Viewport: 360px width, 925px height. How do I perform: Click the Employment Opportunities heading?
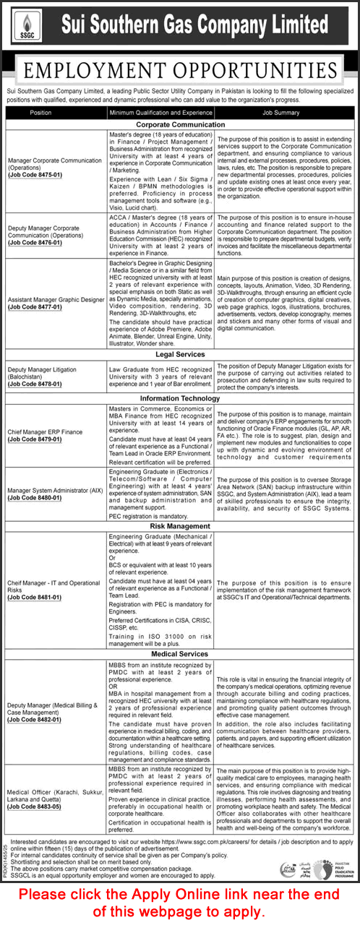180,71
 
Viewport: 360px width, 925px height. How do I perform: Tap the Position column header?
41,113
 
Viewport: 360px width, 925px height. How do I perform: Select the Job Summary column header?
286,113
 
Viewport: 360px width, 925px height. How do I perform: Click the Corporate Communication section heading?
180,124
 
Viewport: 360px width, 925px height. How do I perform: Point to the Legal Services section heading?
180,354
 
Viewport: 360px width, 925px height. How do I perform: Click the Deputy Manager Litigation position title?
41,369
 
